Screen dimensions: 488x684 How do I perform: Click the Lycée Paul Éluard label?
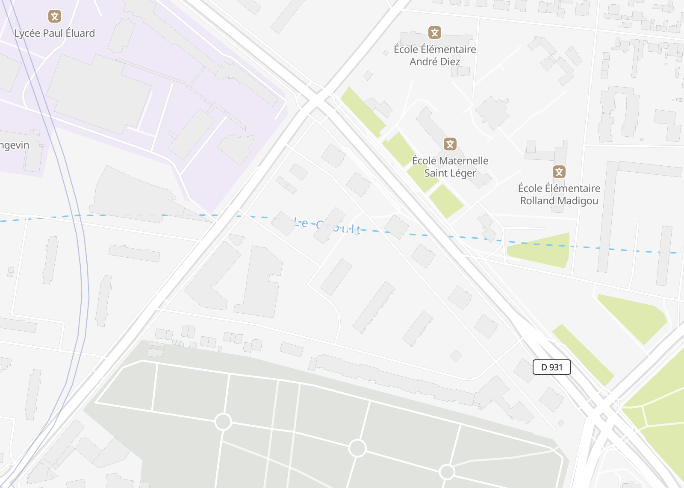point(54,33)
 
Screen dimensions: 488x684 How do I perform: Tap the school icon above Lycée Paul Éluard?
point(54,17)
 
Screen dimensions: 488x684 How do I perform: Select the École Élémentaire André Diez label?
point(435,56)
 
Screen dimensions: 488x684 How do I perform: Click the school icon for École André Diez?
point(435,32)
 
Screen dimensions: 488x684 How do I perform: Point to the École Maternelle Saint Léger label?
point(450,167)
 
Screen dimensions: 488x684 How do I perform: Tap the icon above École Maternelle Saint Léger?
point(450,144)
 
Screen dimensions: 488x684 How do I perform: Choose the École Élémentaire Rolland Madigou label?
point(559,194)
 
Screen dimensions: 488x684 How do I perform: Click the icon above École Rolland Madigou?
point(559,172)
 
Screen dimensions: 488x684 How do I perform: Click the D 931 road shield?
point(551,367)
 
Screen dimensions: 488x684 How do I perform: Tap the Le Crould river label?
point(327,226)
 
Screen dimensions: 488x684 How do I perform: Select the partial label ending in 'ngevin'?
point(15,146)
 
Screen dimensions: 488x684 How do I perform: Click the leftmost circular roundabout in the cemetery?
point(223,422)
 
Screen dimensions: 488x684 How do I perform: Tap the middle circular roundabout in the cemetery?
point(357,448)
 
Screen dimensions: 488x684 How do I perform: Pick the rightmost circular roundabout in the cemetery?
point(447,472)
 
